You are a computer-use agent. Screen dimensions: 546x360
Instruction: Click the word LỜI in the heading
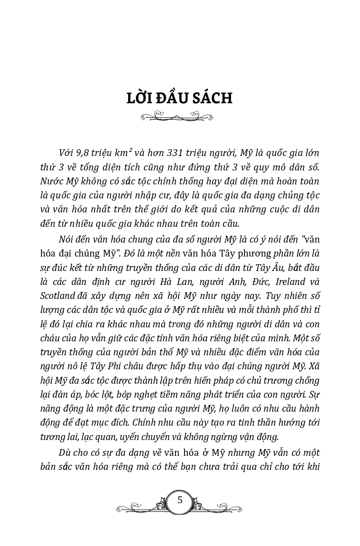click(x=141, y=98)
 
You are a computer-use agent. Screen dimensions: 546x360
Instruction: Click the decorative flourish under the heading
click(x=177, y=117)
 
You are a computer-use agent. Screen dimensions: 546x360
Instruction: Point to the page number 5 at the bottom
click(x=180, y=500)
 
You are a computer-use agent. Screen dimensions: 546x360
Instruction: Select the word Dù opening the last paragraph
click(x=65, y=452)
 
